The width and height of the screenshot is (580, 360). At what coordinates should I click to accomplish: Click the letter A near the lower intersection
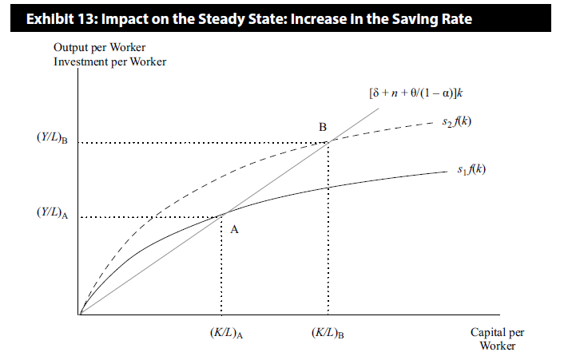pos(234,228)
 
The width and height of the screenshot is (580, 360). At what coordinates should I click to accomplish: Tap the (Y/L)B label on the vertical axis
pos(52,139)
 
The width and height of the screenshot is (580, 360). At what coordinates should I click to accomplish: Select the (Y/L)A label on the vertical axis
pos(52,213)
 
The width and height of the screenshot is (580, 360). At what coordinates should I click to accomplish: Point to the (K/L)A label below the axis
pos(222,334)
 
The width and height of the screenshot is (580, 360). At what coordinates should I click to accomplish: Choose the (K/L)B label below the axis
pos(328,334)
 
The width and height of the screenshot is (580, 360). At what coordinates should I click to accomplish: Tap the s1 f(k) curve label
pos(468,170)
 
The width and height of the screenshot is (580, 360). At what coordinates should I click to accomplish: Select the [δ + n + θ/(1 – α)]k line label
pos(416,93)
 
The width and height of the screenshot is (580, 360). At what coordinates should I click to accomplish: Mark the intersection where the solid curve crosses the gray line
pos(222,215)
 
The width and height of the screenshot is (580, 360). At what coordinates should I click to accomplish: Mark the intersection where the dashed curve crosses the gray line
pos(328,141)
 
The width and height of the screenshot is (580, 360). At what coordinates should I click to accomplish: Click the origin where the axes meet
pos(80,315)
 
